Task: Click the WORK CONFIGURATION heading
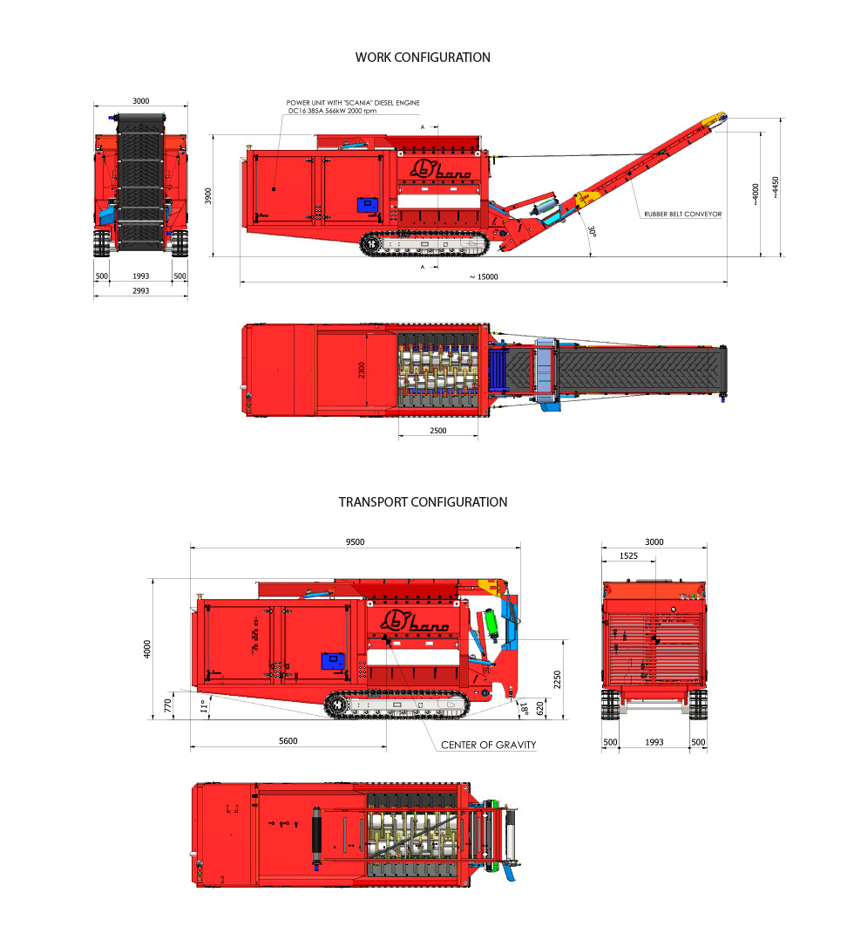coord(423,58)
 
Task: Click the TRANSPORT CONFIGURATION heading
coord(423,502)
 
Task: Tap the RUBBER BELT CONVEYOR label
coord(682,214)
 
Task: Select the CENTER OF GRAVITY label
coord(488,745)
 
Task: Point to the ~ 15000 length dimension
coord(484,277)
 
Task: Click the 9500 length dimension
coord(355,542)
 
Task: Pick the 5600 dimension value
coord(288,741)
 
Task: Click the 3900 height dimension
coord(208,196)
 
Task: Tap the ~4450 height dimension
coord(776,187)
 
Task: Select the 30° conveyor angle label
coord(592,231)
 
